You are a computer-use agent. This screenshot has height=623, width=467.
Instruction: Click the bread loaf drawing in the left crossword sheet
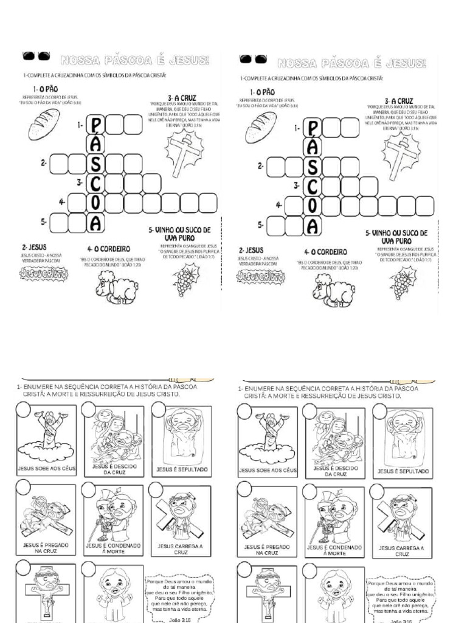pos(43,124)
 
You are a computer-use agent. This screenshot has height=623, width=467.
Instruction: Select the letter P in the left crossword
pos(95,125)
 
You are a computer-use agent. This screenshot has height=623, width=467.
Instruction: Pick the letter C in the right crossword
pos(313,186)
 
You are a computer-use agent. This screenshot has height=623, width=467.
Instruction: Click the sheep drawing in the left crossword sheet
pos(116,287)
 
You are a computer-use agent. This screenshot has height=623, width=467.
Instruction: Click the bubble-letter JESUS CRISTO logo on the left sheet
pos(44,274)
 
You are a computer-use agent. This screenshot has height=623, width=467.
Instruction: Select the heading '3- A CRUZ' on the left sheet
pos(182,97)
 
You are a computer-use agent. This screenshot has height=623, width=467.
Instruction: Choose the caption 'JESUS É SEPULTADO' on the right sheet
pos(403,470)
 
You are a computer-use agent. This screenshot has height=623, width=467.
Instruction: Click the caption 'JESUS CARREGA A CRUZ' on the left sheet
pos(181,549)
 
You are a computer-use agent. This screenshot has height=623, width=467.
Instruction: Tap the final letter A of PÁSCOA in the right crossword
pos(313,226)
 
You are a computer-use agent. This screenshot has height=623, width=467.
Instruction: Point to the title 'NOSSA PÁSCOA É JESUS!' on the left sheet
pos(134,60)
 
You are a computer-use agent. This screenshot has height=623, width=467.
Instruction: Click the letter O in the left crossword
pos(95,203)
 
